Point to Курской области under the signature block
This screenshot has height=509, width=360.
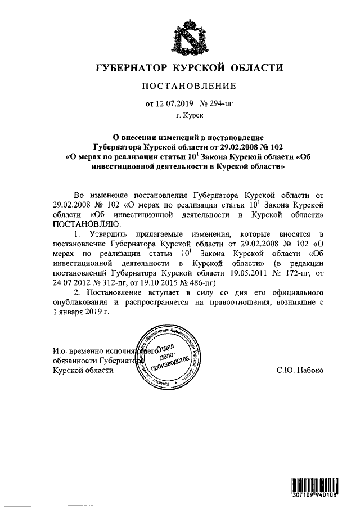[x=83, y=370]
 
